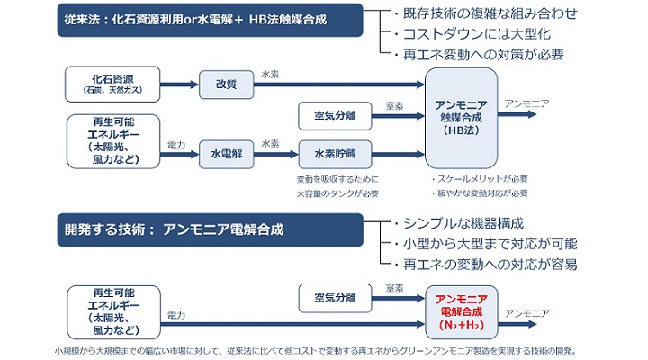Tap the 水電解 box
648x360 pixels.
(x=225, y=153)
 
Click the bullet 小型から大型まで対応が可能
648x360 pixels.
(x=491, y=244)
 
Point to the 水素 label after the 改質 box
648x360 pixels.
(x=270, y=73)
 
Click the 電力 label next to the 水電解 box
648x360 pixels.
(x=176, y=144)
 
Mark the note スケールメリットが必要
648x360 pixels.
(x=481, y=178)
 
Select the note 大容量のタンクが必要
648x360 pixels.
(x=337, y=193)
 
